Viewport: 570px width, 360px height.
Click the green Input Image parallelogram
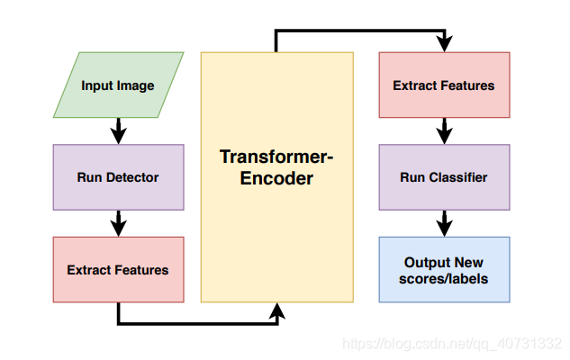[118, 85]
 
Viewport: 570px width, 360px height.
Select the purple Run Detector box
[118, 177]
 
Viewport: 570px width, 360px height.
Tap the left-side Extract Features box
[118, 269]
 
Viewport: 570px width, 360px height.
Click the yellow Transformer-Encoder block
[277, 177]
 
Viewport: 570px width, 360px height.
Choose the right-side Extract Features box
[444, 85]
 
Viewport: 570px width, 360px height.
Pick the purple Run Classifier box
[444, 177]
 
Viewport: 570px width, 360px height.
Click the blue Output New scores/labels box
[444, 269]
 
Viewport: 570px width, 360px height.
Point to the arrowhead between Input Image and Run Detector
[118, 136]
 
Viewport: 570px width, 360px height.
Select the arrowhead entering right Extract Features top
[444, 43]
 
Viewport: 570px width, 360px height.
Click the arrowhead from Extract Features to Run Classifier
[444, 136]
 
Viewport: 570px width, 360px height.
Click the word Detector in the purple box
[133, 177]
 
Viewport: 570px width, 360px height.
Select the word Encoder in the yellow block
[277, 178]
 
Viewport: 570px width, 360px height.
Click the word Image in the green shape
[136, 85]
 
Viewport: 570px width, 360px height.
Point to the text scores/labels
[444, 278]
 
